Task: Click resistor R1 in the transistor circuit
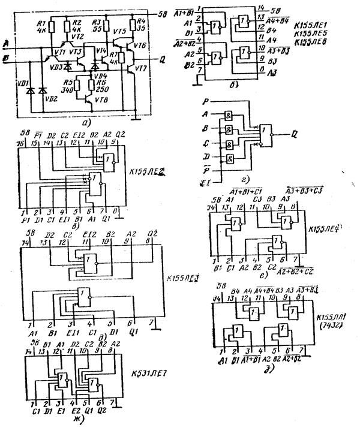(x=52, y=28)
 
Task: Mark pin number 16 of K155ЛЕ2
(x=19, y=144)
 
